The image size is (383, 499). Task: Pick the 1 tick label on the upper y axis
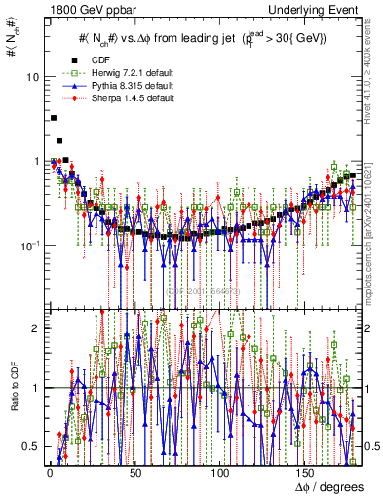coord(35,161)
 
